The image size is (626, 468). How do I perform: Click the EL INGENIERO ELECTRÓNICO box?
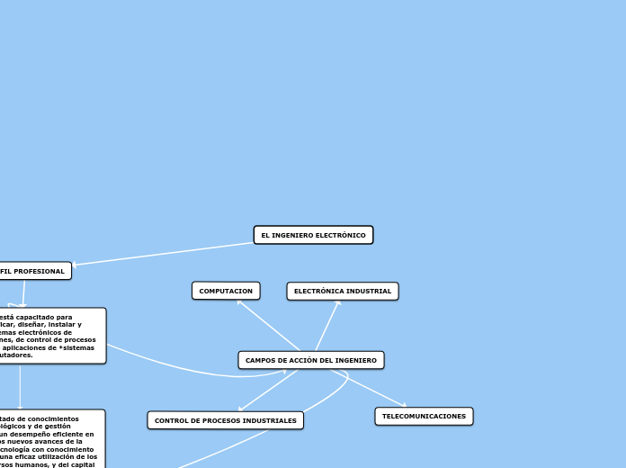click(x=313, y=235)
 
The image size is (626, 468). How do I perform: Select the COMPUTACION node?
click(x=226, y=291)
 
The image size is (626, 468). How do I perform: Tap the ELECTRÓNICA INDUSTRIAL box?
click(x=343, y=291)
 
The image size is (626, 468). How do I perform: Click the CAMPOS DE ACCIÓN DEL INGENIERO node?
click(x=311, y=360)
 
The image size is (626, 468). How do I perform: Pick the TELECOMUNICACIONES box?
click(x=424, y=416)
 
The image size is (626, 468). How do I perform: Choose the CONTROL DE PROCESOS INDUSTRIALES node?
click(x=225, y=420)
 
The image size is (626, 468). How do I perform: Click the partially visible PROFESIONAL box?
click(x=34, y=271)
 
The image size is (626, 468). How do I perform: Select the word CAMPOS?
click(x=260, y=360)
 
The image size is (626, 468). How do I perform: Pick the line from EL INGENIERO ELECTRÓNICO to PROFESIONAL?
click(x=162, y=253)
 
